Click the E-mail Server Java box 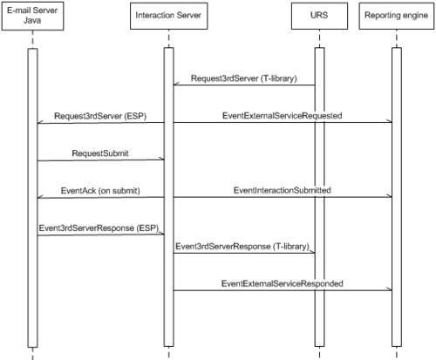point(32,16)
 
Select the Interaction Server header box point(168,16)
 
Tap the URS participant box point(319,16)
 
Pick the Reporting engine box point(397,16)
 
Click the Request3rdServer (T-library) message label point(244,78)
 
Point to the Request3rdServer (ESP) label point(100,116)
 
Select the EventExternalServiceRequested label point(283,116)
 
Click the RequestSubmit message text point(100,153)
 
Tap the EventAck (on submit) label point(100,191)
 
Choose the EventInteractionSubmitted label point(283,190)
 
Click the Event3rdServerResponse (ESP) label point(99,228)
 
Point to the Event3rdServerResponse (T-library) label point(242,247)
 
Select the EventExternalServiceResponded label point(283,283)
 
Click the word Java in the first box point(32,21)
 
